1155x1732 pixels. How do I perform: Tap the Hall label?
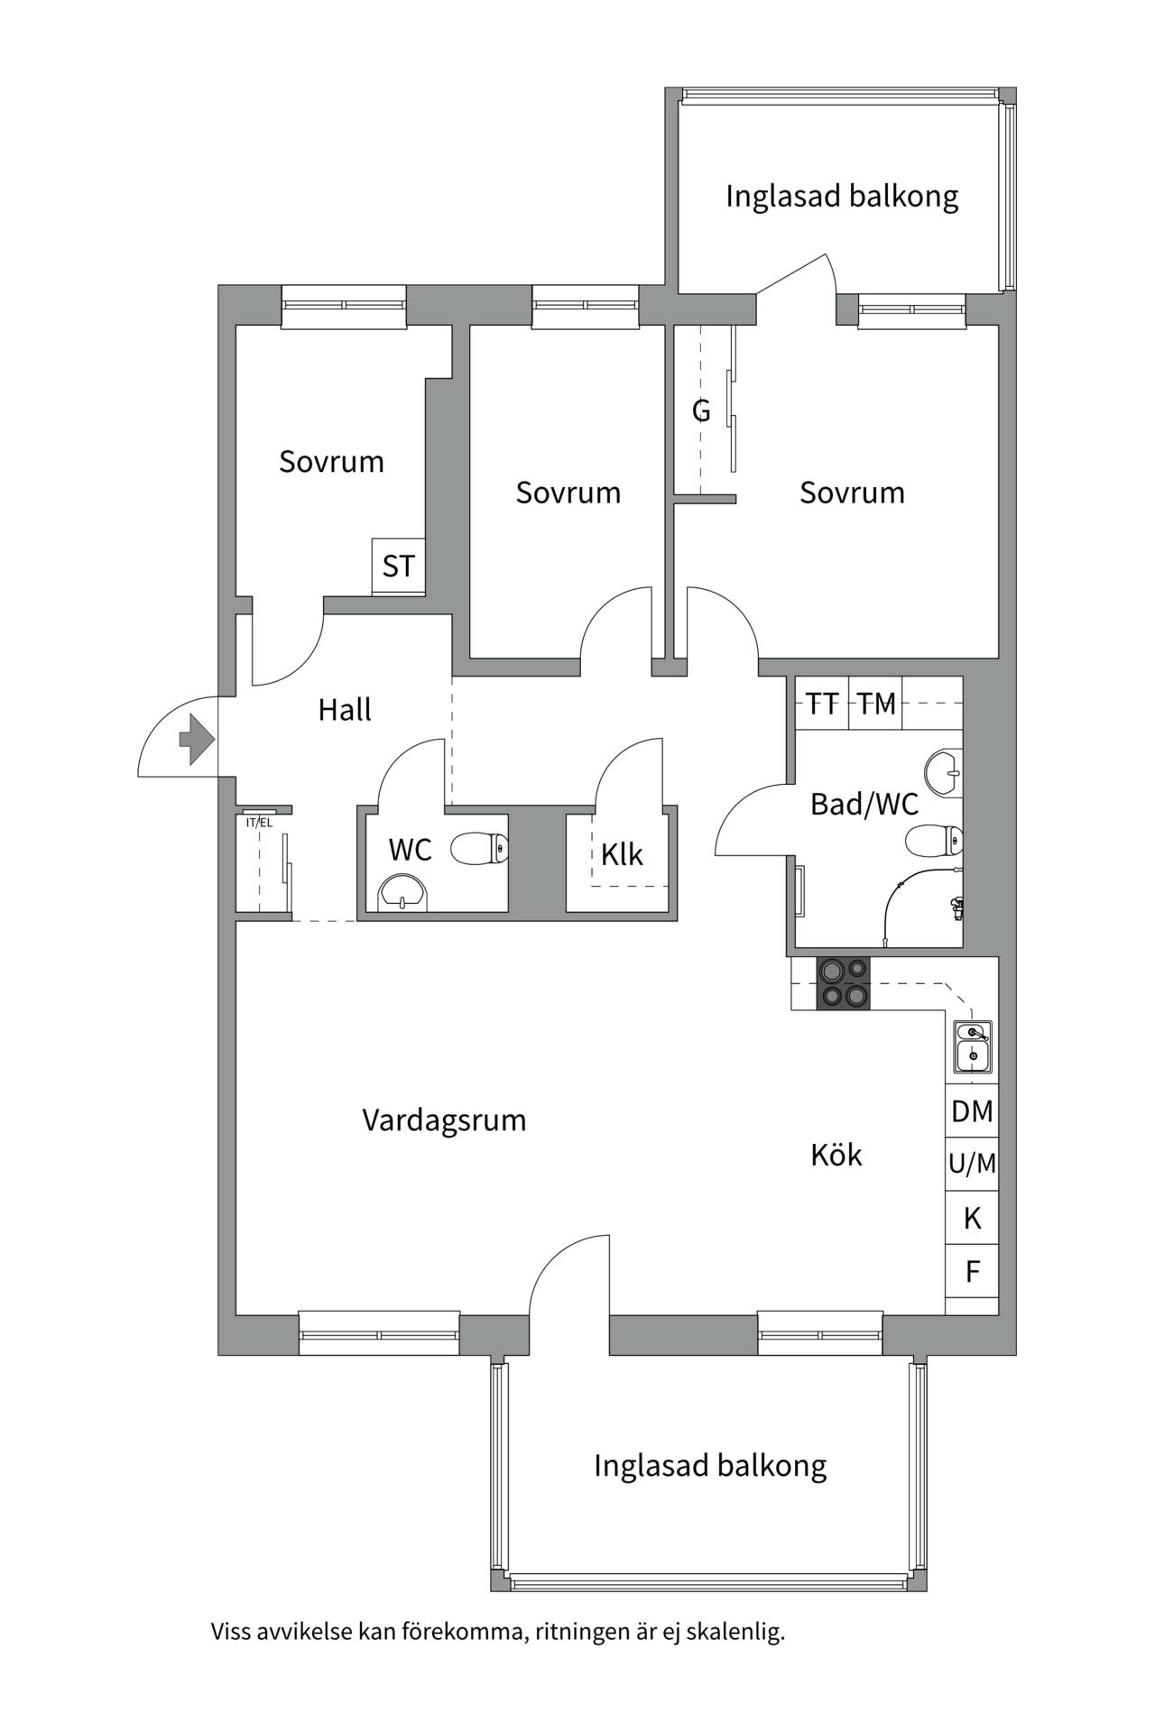pyautogui.click(x=345, y=710)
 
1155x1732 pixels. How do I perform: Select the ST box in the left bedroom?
pyautogui.click(x=399, y=567)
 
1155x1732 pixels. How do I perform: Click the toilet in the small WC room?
pyautogui.click(x=479, y=848)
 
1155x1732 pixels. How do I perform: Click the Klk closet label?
pyautogui.click(x=622, y=854)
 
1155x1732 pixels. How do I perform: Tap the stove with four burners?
pyautogui.click(x=844, y=982)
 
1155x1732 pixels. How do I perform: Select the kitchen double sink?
pyautogui.click(x=973, y=1044)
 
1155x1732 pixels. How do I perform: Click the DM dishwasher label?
pyautogui.click(x=972, y=1111)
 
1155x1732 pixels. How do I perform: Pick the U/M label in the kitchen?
pyautogui.click(x=972, y=1165)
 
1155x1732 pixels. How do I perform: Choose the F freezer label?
pyautogui.click(x=973, y=1272)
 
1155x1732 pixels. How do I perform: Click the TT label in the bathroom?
pyautogui.click(x=822, y=703)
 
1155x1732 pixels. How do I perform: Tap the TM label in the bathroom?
pyautogui.click(x=876, y=703)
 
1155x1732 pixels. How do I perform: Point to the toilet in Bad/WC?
pyautogui.click(x=934, y=841)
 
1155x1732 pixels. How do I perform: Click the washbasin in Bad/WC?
pyautogui.click(x=944, y=772)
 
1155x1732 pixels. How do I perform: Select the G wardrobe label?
pyautogui.click(x=701, y=410)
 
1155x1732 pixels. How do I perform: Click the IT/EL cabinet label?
pyautogui.click(x=259, y=823)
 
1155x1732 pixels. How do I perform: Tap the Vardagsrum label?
pyautogui.click(x=444, y=1120)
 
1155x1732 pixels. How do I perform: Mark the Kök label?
pyautogui.click(x=836, y=1155)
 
